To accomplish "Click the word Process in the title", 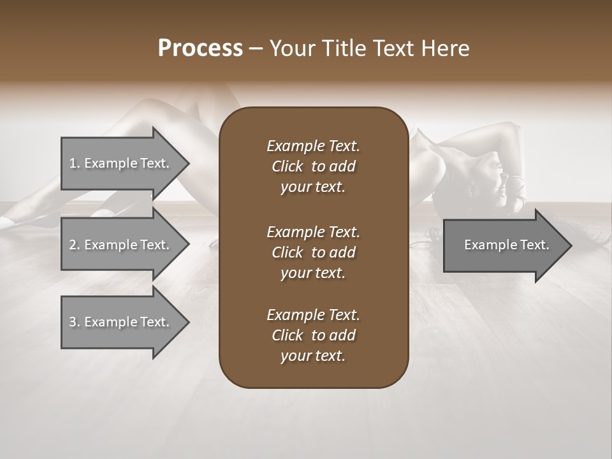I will pos(200,48).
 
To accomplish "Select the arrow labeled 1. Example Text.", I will pos(121,163).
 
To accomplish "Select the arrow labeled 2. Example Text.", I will pos(121,245).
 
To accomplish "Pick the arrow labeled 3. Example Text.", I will pos(121,322).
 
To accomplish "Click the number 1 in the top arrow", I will pos(73,163).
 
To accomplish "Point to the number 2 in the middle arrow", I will pos(73,245).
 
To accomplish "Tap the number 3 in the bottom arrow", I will pos(73,322).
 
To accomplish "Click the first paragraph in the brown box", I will pos(313,166).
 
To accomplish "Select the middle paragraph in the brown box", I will pos(313,252).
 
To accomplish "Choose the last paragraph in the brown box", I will pos(313,335).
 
